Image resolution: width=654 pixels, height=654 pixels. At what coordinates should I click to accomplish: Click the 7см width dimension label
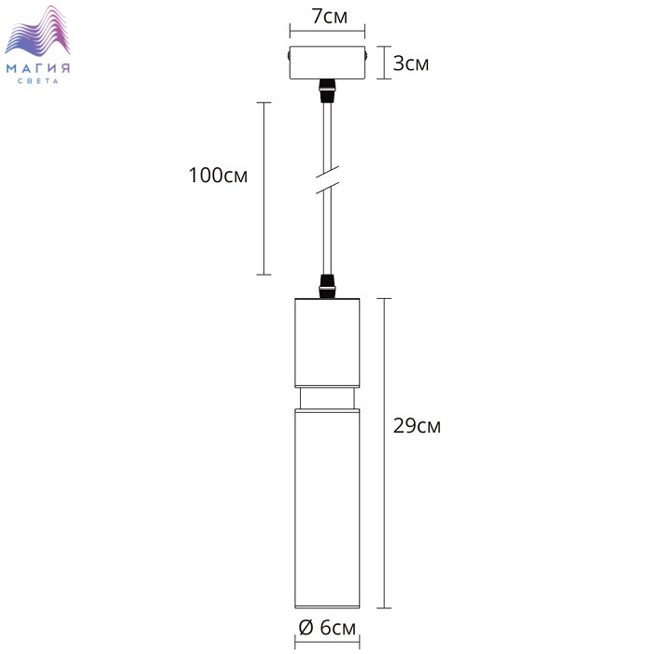point(330,16)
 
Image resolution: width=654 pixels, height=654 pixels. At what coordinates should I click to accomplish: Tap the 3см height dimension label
point(411,64)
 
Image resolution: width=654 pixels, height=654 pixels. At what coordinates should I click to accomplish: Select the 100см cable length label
point(218,176)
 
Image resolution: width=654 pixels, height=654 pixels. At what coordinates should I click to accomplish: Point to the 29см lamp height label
point(417,426)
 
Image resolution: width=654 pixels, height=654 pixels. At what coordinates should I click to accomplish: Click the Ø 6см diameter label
point(328,627)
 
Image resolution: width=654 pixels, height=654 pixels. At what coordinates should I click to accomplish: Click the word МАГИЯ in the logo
point(38,68)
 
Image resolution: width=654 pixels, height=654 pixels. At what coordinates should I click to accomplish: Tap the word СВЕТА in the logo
point(38,81)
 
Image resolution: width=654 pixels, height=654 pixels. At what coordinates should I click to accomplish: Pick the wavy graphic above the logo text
point(37,31)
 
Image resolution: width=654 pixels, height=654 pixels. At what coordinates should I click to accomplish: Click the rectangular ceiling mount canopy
point(327,63)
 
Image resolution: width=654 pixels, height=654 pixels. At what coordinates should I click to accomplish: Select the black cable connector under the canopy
point(327,91)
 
